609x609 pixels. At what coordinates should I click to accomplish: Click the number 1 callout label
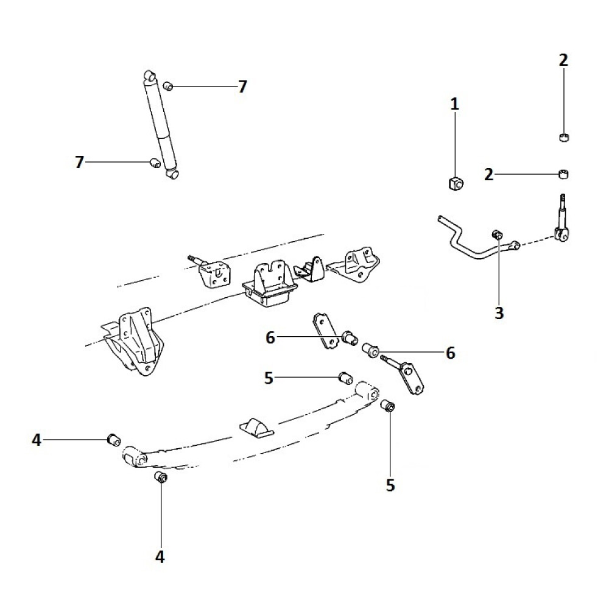[454, 104]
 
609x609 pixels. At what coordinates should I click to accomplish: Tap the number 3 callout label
[499, 313]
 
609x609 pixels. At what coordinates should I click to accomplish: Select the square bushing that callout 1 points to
[454, 182]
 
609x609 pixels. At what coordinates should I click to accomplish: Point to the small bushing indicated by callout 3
[497, 234]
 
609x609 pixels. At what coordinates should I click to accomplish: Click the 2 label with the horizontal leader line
[488, 175]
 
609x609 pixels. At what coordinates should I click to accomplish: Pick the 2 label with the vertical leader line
[563, 60]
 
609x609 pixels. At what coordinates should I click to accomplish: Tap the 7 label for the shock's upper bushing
[242, 87]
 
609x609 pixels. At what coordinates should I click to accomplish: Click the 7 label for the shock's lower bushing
[79, 162]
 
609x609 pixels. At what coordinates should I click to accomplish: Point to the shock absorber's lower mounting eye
[174, 174]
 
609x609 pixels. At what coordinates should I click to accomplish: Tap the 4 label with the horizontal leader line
[37, 440]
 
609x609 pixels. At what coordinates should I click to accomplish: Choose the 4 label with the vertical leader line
[160, 556]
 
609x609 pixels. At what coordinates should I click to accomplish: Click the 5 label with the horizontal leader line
[269, 378]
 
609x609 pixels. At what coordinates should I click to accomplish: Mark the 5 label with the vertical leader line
[390, 485]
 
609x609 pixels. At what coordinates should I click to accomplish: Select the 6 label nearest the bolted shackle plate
[451, 353]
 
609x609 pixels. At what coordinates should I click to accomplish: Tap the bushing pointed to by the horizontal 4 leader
[113, 439]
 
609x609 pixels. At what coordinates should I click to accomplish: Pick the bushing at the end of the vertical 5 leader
[388, 406]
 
